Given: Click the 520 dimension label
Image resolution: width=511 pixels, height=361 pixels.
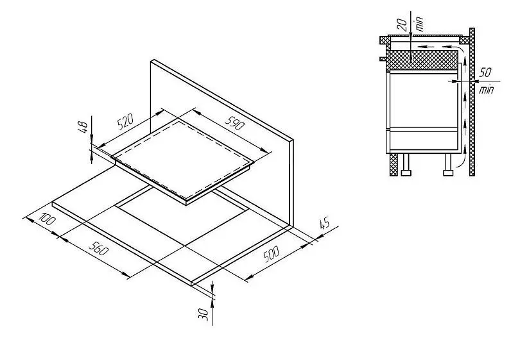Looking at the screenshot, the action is (x=125, y=121).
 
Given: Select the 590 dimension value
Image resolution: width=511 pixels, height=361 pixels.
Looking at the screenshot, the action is (x=234, y=122).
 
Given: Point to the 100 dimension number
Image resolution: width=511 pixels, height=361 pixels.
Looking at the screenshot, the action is (x=47, y=219).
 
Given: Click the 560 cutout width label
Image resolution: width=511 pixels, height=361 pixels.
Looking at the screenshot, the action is (x=98, y=248).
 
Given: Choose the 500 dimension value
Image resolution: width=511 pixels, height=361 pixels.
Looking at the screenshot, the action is (x=271, y=254).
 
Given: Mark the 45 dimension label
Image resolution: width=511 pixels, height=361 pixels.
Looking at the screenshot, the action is (x=324, y=224).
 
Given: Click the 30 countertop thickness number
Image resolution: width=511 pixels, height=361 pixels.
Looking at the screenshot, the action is (x=204, y=314).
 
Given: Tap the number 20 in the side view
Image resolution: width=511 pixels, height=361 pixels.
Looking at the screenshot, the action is (x=403, y=25).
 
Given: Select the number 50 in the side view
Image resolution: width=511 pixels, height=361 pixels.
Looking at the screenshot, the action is (x=485, y=72).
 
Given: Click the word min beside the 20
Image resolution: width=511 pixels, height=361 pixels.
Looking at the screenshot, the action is (x=420, y=23).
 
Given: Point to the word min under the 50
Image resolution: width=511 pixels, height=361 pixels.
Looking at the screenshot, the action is (x=486, y=90).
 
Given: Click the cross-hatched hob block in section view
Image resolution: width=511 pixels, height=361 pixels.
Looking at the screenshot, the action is (x=422, y=60).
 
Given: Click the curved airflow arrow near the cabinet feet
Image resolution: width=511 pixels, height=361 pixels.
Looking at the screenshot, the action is (x=462, y=160).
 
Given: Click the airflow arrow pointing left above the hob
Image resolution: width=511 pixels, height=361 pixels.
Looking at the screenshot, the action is (x=426, y=47).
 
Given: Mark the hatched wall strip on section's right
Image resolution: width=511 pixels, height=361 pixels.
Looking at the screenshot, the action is (x=472, y=102).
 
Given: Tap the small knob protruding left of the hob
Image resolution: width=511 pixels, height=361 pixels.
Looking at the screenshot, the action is (x=383, y=59).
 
